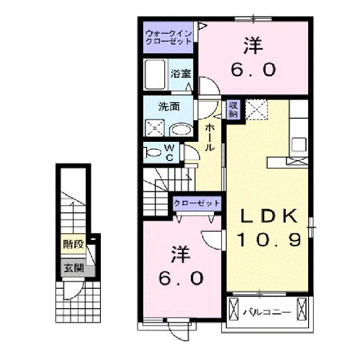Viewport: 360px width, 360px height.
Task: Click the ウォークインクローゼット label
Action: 168,37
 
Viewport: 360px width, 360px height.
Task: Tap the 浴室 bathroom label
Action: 181,73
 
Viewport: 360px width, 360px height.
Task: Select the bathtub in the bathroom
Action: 156,75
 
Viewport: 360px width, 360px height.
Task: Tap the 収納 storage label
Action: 234,109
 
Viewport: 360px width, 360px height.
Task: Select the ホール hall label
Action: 210,137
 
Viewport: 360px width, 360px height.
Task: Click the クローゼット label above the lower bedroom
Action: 197,204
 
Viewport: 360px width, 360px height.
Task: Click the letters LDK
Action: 265,216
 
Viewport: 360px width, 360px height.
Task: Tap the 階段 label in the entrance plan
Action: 73,244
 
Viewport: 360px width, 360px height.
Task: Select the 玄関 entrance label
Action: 73,269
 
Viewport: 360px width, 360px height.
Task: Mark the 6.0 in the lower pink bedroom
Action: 181,277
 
